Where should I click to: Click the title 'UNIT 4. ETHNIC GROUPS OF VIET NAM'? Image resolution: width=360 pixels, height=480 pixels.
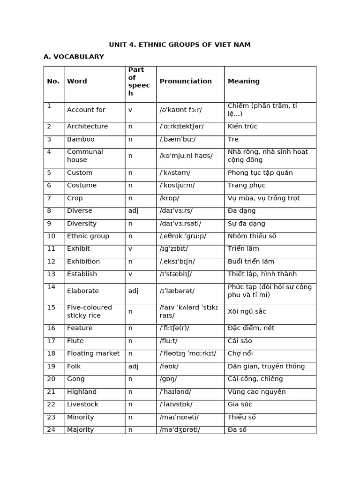point(180,45)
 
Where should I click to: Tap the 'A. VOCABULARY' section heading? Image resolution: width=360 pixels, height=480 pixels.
point(74,57)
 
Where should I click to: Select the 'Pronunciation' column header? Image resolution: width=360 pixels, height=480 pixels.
point(186,81)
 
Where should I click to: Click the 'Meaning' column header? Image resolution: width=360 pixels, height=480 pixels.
point(243,81)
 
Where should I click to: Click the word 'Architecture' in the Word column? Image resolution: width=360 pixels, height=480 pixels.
point(87,127)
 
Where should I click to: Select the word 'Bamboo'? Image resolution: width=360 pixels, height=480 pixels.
point(81,139)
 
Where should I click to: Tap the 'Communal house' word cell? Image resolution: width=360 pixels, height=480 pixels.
point(85,156)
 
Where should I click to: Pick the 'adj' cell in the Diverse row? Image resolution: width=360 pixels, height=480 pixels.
point(133,211)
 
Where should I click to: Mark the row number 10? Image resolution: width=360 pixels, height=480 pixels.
point(51,236)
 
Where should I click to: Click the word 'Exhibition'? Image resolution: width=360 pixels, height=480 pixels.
point(83,262)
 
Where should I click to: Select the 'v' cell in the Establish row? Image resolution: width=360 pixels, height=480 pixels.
point(130,274)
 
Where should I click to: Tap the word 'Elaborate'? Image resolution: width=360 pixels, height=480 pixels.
point(83,291)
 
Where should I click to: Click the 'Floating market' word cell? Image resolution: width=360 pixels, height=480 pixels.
point(93,353)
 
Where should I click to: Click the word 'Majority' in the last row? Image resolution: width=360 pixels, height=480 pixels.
point(80,429)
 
